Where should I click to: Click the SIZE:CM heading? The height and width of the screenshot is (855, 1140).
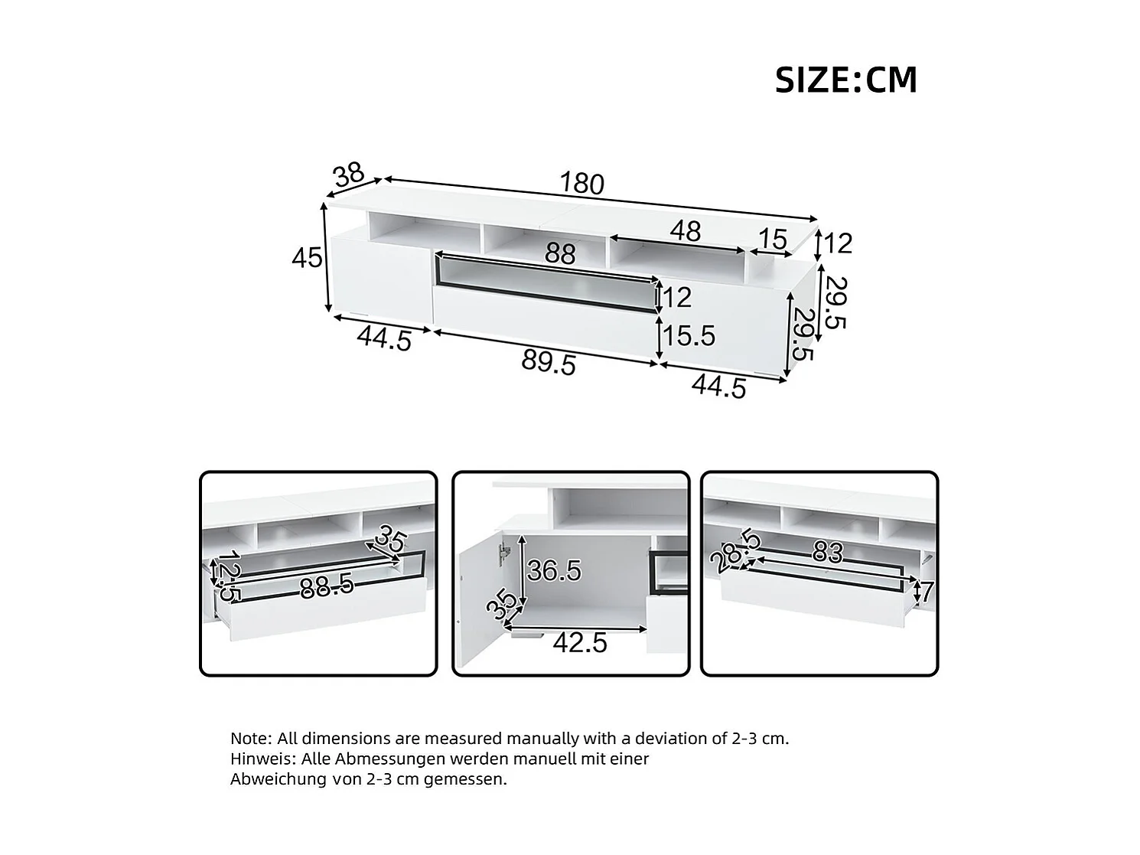point(845,80)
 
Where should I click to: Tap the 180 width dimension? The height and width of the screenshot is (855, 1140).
point(581,184)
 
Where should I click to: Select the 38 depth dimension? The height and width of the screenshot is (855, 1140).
point(349,175)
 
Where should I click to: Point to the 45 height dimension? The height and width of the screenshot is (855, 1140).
point(307,258)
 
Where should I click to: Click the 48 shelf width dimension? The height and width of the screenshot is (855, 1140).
point(686,231)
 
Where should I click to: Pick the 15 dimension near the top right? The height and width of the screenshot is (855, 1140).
point(773,240)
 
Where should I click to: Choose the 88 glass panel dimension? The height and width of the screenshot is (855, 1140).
point(560,254)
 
